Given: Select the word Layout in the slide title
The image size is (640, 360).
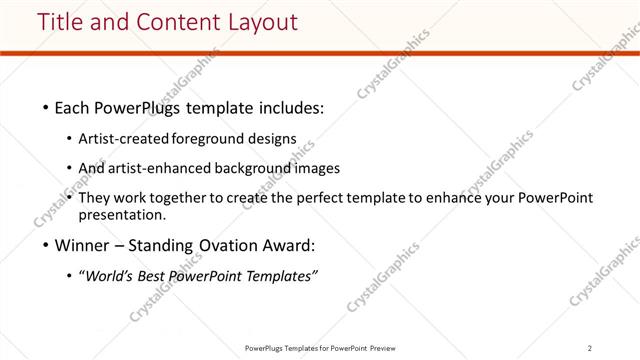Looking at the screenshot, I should click(x=257, y=21).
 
